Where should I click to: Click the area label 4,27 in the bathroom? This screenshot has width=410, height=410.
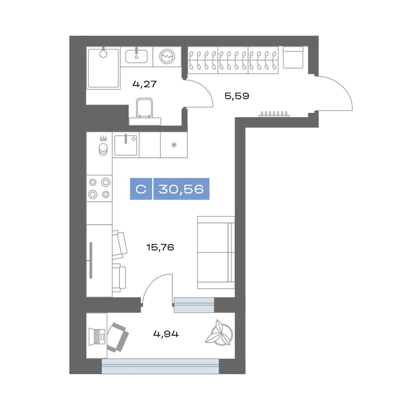pyautogui.click(x=145, y=84)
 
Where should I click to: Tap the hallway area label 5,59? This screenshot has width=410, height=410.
pyautogui.click(x=236, y=96)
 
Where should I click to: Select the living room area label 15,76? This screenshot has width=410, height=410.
pyautogui.click(x=160, y=247)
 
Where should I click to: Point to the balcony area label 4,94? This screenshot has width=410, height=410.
pyautogui.click(x=166, y=334)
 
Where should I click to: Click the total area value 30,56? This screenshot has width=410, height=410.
pyautogui.click(x=181, y=189)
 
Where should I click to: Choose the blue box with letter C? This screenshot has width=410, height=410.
pyautogui.click(x=141, y=189)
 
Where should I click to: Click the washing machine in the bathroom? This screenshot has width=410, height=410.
pyautogui.click(x=167, y=57)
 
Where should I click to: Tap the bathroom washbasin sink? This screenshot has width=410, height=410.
pyautogui.click(x=136, y=56)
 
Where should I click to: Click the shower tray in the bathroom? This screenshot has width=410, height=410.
pyautogui.click(x=103, y=68)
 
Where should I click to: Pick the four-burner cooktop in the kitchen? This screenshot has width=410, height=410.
pyautogui.click(x=99, y=188)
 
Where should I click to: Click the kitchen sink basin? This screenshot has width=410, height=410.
pyautogui.click(x=125, y=146)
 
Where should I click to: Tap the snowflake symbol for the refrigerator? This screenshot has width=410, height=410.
pyautogui.click(x=174, y=145)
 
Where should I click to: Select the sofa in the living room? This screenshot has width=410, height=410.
pyautogui.click(x=216, y=252)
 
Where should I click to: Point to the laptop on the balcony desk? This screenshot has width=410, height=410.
pyautogui.click(x=97, y=336)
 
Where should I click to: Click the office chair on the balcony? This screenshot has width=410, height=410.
pyautogui.click(x=118, y=338)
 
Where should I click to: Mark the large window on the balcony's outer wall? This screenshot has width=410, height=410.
pyautogui.click(x=160, y=366)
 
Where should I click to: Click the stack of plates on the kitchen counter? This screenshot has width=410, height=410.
pyautogui.click(x=103, y=149)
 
